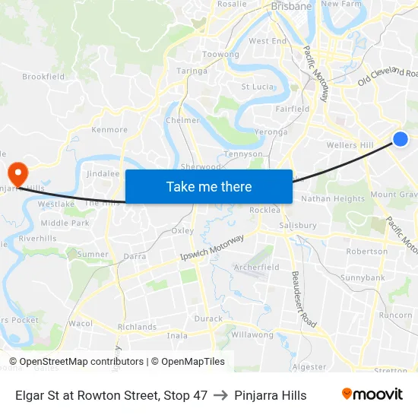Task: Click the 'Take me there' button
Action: (208, 186)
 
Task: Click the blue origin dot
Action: (401, 138)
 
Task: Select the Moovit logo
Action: (372, 394)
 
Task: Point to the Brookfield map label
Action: (43, 77)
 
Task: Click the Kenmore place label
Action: (109, 130)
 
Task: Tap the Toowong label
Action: (220, 55)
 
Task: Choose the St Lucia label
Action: (258, 87)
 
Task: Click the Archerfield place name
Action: (256, 268)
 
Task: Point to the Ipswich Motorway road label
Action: (212, 249)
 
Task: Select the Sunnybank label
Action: (363, 278)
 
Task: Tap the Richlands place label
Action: (136, 327)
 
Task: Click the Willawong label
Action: (252, 334)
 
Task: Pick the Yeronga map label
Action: (271, 131)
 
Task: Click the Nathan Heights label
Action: (333, 199)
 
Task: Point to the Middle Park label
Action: (65, 223)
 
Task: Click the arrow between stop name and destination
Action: (220, 395)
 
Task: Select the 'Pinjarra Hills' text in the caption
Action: (271, 395)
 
